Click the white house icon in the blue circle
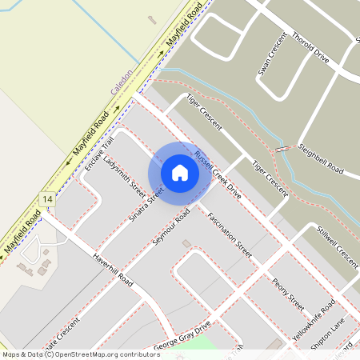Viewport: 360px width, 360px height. coord(180,173)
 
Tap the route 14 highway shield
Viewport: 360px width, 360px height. coord(49,198)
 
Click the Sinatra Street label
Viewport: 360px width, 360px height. coord(146,204)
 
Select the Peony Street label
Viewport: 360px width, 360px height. coord(288,295)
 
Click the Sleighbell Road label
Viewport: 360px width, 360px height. coord(320,160)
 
